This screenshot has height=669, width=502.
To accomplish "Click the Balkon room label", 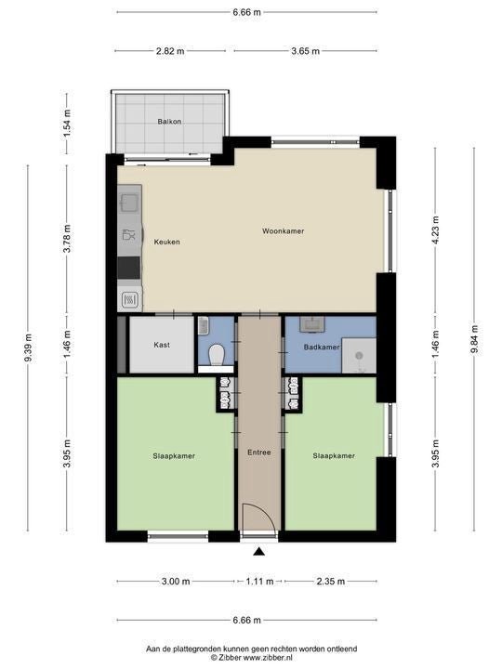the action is click(169, 122).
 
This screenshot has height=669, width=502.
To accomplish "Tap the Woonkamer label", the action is click(283, 231).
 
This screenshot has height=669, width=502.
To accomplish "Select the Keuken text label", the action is click(167, 242).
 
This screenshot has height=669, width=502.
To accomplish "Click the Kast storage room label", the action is click(162, 345).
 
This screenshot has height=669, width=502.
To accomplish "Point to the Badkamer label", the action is click(322, 348).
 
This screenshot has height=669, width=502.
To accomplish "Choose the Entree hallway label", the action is click(259, 453).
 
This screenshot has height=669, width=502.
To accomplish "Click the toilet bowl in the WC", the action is click(217, 355).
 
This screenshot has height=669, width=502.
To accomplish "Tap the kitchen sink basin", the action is click(129, 203).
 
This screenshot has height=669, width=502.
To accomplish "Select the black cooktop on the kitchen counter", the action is click(129, 268).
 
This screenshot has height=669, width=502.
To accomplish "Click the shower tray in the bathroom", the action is click(360, 356).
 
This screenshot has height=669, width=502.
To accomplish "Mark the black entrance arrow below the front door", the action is click(258, 552).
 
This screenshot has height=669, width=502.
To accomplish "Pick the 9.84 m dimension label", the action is click(474, 340).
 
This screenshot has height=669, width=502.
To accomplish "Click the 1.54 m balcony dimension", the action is click(67, 124).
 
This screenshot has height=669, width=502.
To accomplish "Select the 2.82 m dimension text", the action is click(170, 51).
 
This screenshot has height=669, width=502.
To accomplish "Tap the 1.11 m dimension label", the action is click(259, 582).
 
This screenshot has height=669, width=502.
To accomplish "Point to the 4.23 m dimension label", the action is click(435, 230).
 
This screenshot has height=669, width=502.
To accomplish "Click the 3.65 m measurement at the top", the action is click(305, 51).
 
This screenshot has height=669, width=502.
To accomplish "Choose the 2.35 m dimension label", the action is click(331, 582).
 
